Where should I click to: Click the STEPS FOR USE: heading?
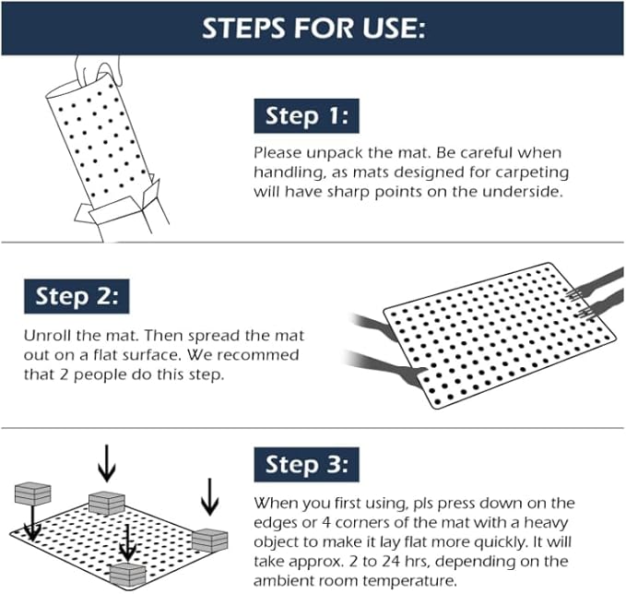pyautogui.click(x=313, y=28)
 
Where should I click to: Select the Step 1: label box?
pyautogui.click(x=305, y=116)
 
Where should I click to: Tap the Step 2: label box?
pyautogui.click(x=77, y=297)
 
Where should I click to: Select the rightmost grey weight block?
pyautogui.click(x=210, y=541)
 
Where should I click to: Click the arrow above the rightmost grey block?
pyautogui.click(x=210, y=495)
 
